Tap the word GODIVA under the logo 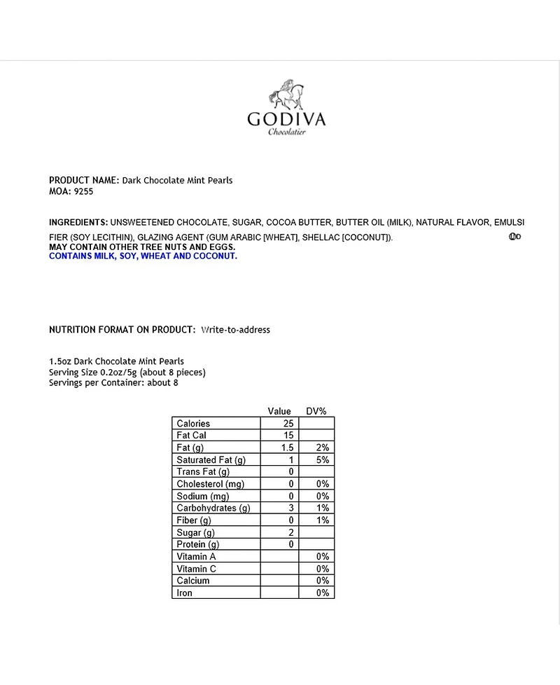tap(286, 119)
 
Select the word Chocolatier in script tap(287, 132)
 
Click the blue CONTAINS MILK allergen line tap(143, 256)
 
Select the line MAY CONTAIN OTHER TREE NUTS tap(142, 247)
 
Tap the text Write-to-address tap(235, 329)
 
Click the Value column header tap(279, 411)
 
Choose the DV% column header tap(316, 411)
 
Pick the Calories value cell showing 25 tap(288, 423)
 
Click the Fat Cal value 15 tap(288, 435)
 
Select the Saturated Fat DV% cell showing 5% tap(322, 459)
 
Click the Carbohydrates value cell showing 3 tap(290, 508)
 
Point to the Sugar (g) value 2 tap(290, 532)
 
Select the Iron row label tap(185, 593)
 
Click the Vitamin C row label tap(197, 569)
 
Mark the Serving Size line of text tap(127, 372)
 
